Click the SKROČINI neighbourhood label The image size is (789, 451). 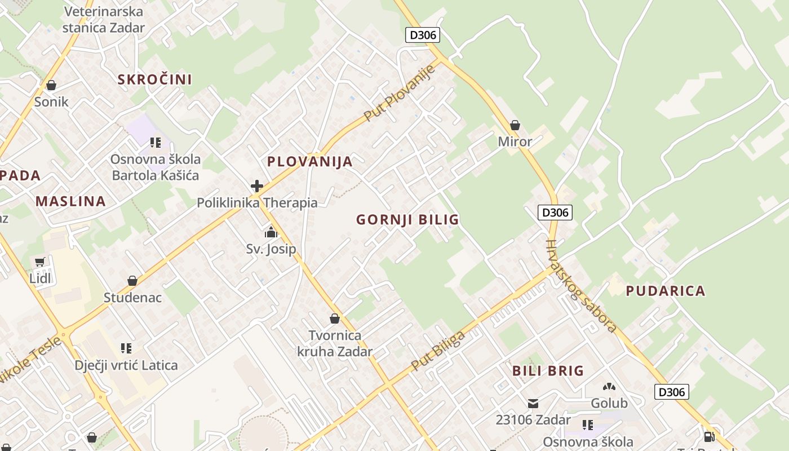pos(154,79)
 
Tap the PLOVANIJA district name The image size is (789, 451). pos(309,162)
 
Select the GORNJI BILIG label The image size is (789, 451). pos(407,220)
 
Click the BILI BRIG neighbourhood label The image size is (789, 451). pos(548,371)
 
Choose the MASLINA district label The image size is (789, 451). pos(70,201)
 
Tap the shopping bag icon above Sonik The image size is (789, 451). pos(51,85)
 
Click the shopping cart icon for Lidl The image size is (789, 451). pos(39,262)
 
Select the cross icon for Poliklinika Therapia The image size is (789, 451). pos(257,186)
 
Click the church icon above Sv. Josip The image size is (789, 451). pos(271,232)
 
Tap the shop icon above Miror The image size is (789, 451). pos(515,125)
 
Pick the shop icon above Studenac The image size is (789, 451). pos(132,281)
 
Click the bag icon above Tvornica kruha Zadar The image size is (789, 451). pos(335,319)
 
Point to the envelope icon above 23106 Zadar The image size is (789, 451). pos(533,403)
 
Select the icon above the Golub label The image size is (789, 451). pos(609,387)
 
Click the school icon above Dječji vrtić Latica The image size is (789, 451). pos(126,348)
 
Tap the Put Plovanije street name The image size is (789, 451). pos(400,93)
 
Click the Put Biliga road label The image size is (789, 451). pos(438,351)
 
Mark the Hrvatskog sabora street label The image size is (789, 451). pos(580,286)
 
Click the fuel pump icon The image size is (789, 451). pos(710,436)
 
